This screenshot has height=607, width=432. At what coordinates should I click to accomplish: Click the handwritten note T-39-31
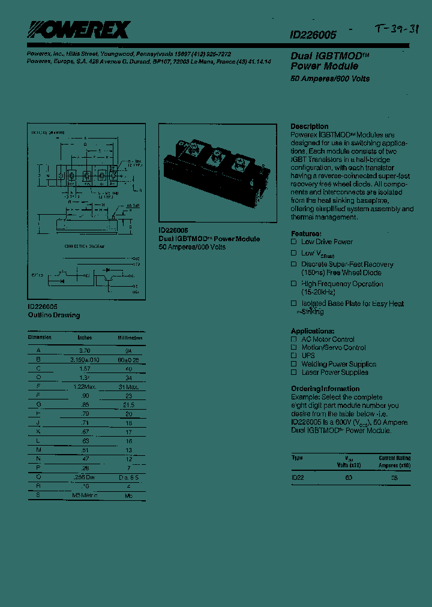[x=395, y=30]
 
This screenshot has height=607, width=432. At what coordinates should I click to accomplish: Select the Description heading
[x=310, y=127]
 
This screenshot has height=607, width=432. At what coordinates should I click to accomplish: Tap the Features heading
[x=306, y=233]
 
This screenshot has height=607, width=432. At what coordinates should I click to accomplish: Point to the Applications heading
[x=312, y=331]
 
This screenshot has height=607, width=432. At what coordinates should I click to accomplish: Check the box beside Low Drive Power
[x=294, y=242]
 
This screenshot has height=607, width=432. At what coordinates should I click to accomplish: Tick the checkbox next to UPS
[x=294, y=356]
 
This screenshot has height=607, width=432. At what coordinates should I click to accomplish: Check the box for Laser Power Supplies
[x=294, y=372]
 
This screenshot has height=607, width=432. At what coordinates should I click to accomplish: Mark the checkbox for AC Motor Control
[x=294, y=339]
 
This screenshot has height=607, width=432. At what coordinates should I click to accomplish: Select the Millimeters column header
[x=130, y=338]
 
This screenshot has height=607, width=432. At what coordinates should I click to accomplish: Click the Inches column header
[x=85, y=338]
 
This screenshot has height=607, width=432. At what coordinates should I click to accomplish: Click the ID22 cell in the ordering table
[x=298, y=477]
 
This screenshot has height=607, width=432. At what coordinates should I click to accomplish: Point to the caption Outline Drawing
[x=53, y=315]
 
